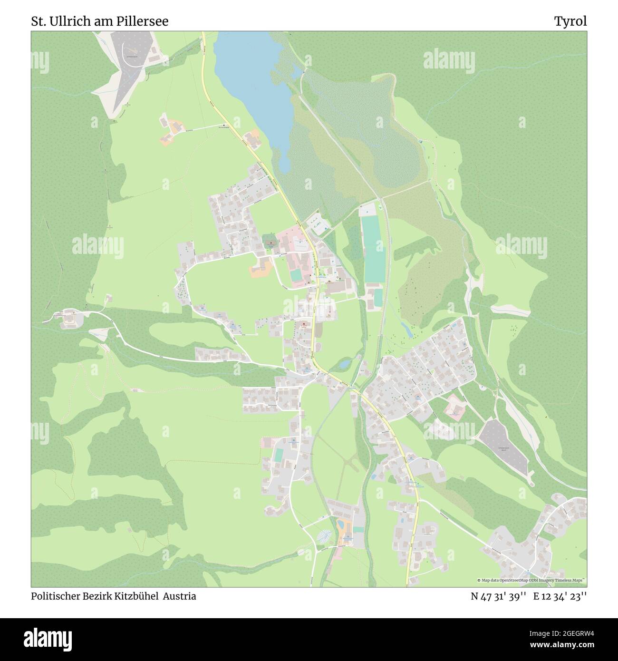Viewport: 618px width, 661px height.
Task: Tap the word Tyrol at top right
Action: tap(570, 21)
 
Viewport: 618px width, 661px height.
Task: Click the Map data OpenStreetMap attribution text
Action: tap(531, 581)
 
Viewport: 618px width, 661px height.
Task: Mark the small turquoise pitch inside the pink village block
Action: tap(296, 275)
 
